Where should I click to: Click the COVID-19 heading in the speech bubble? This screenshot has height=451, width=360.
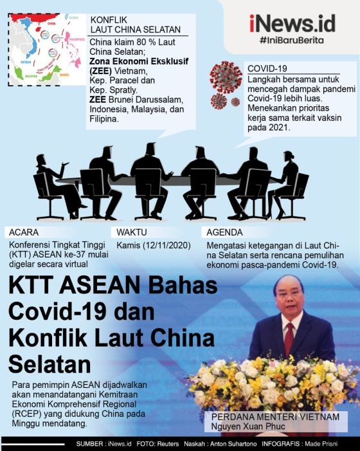point(265,67)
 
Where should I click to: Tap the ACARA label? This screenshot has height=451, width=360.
point(24,232)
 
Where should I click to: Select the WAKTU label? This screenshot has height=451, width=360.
point(133,232)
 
